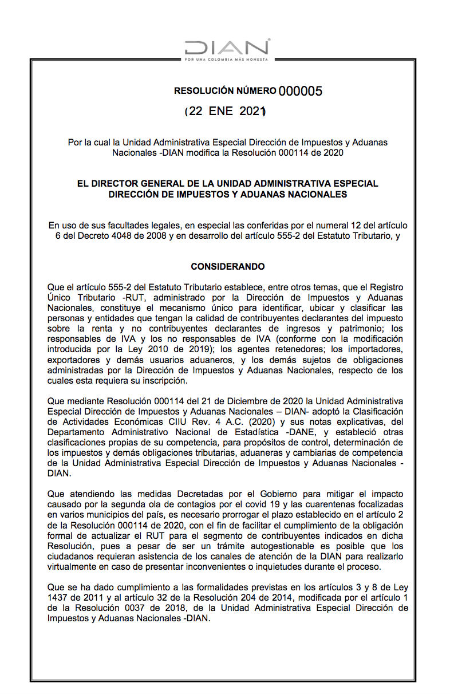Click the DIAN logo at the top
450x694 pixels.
point(227,48)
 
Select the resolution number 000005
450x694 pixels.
point(301,90)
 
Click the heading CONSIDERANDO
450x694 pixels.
point(228,267)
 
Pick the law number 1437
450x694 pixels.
point(59,597)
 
